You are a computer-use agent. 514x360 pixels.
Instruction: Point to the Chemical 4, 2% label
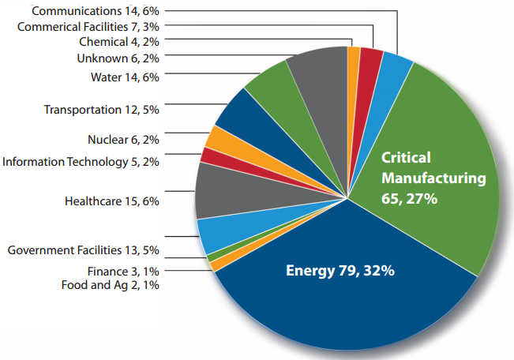tap(119, 42)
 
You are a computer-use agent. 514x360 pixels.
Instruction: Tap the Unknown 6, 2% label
tap(118, 58)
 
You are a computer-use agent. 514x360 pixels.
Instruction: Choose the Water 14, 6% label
tap(125, 77)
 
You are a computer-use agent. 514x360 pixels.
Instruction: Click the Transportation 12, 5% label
tap(102, 108)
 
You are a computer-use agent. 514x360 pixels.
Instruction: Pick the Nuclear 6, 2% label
tap(124, 140)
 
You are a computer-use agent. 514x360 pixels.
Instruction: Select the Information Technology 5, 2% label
tap(81, 162)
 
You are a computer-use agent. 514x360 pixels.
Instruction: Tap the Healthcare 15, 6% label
tap(112, 201)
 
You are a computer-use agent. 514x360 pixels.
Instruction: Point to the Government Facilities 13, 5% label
tap(84, 250)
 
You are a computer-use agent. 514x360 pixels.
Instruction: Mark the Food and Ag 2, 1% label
tap(111, 285)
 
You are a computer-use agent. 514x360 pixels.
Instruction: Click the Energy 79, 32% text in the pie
tap(340, 272)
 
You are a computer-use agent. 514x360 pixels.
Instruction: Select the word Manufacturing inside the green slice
tap(433, 179)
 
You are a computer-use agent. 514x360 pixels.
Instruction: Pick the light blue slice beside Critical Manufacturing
tap(394, 68)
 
